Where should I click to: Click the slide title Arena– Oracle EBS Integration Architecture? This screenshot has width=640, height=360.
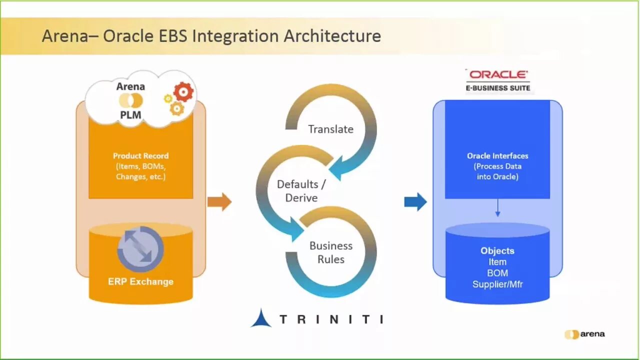(211, 36)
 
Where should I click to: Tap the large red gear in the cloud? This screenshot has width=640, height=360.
(183, 92)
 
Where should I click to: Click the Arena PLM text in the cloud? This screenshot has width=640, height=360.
(130, 100)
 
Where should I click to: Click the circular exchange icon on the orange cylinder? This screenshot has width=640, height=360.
(140, 249)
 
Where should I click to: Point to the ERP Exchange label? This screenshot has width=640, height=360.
(140, 281)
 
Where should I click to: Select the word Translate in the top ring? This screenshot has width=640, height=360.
(330, 129)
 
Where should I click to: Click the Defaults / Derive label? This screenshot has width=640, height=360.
(301, 190)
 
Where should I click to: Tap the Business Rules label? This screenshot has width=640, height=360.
(330, 252)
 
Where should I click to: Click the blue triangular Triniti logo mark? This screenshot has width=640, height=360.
(261, 318)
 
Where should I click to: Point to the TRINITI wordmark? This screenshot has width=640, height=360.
(331, 319)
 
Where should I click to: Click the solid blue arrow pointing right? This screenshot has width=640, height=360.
(415, 202)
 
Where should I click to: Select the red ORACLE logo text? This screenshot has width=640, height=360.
(498, 74)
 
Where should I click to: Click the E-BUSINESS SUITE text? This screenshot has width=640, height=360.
(497, 88)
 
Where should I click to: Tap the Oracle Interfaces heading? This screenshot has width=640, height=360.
(497, 155)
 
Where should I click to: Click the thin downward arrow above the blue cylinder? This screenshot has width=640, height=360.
(497, 207)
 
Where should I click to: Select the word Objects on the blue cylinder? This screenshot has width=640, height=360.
(497, 250)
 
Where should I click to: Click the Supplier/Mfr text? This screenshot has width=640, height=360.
(497, 284)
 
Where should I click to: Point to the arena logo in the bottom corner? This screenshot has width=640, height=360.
(584, 334)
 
